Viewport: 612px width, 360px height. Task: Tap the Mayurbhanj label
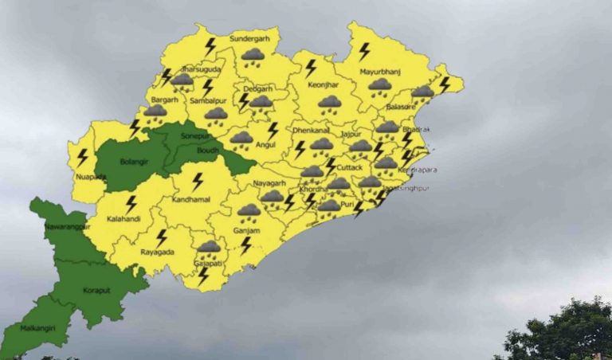[378, 72]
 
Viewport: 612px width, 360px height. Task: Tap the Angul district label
[242, 147]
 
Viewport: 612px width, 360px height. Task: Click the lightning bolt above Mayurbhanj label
[364, 52]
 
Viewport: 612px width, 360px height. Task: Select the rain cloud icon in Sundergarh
[253, 56]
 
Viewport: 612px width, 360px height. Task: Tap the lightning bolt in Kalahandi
[131, 204]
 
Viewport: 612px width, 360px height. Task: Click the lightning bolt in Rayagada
[162, 237]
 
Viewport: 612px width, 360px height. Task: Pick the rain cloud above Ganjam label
[249, 211]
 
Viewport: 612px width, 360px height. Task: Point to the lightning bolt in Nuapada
[81, 157]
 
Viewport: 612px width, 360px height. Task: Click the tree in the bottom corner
[559, 331]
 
